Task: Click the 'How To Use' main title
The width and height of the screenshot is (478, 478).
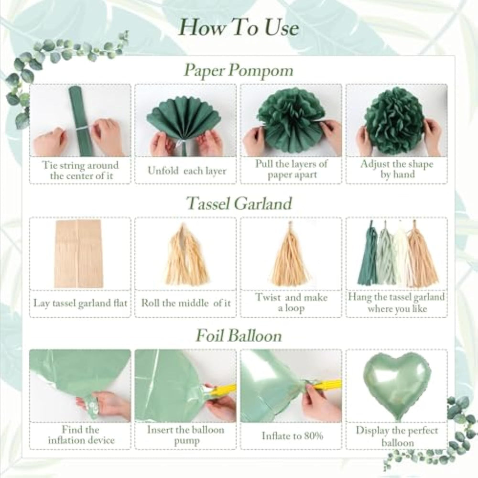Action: point(239,27)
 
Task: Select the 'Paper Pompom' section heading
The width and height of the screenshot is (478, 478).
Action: point(239,70)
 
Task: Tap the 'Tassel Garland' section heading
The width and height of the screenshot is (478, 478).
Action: point(239,203)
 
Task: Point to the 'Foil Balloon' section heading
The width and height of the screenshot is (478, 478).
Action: point(239,336)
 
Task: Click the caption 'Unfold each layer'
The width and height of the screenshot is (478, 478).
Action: point(187,171)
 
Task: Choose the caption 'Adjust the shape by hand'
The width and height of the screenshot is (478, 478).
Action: point(397,169)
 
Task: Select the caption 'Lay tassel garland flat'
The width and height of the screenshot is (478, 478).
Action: point(80,304)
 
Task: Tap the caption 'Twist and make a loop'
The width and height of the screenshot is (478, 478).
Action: point(292,303)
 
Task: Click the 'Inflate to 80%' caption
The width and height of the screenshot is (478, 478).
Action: point(292,435)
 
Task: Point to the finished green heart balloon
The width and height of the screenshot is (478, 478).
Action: point(397,385)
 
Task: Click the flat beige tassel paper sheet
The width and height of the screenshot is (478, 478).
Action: point(79,254)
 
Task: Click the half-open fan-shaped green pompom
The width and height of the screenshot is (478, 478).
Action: point(185,119)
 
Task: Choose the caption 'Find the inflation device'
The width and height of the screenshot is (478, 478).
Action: point(81,435)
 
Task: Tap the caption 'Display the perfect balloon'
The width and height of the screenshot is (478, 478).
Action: point(397,436)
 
